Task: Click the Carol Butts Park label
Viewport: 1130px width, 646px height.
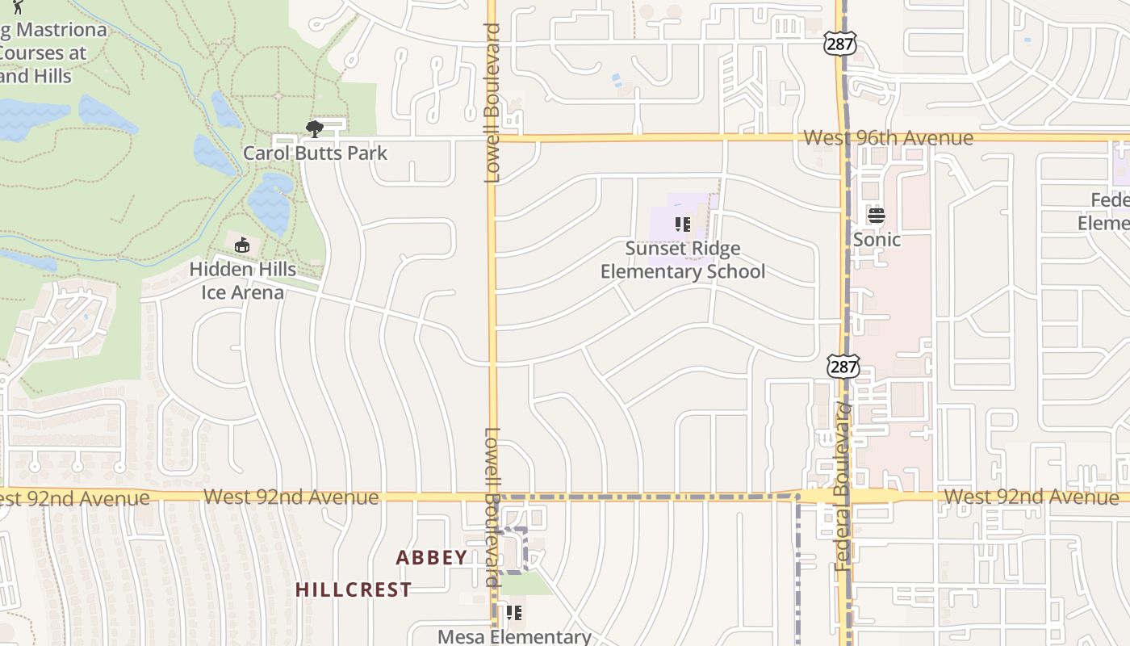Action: (x=316, y=153)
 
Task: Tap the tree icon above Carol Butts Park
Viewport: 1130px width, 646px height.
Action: (x=314, y=128)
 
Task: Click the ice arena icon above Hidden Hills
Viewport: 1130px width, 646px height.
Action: (x=241, y=245)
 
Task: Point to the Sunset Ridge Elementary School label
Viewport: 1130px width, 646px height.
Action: (x=683, y=260)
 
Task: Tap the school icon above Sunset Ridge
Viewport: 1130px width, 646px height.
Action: (x=683, y=224)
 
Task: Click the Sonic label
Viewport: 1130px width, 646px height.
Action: (x=877, y=240)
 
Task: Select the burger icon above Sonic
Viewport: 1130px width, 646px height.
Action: (x=877, y=216)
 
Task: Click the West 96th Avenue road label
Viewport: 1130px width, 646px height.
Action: (x=888, y=138)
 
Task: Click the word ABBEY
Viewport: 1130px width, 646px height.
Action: (x=432, y=557)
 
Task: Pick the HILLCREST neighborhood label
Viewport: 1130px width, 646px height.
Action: (x=354, y=589)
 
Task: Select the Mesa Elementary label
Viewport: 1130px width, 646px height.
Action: (x=514, y=636)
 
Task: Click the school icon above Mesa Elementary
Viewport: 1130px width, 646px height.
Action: (x=514, y=613)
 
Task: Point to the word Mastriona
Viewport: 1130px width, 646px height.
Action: (x=62, y=30)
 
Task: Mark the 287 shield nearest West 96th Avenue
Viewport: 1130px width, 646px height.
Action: (x=840, y=44)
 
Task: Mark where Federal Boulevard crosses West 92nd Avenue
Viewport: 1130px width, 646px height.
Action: (x=844, y=496)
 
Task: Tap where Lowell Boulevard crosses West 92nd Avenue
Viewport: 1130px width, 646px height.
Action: (x=492, y=497)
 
